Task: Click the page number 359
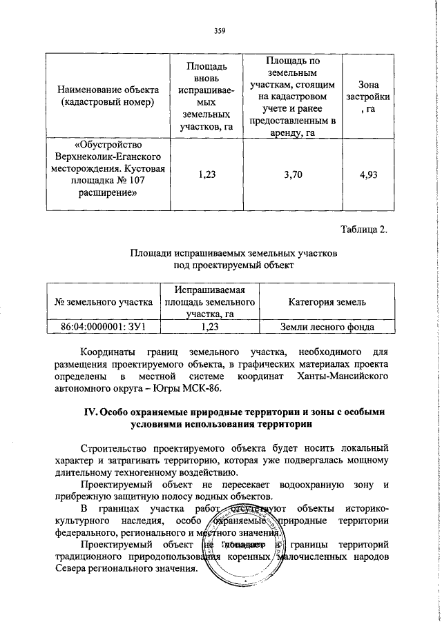tap(220, 30)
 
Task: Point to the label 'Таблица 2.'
tap(365, 229)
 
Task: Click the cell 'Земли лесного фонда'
tap(327, 327)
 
